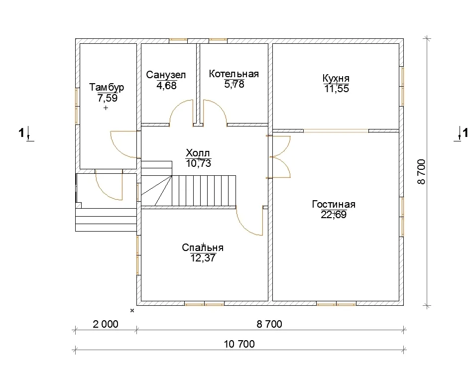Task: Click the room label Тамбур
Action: (107, 88)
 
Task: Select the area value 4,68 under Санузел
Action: (166, 86)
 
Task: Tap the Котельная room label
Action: (234, 74)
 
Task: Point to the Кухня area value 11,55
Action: (337, 89)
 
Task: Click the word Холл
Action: (198, 153)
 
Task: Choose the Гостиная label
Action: (334, 204)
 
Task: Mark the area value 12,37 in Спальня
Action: (203, 258)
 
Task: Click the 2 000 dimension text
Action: (106, 324)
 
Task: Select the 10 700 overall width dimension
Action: (239, 344)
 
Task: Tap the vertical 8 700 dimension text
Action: (421, 172)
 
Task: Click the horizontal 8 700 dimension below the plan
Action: (269, 324)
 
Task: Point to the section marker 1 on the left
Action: (21, 132)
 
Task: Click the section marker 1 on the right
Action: (465, 132)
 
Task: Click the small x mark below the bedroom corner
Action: (132, 311)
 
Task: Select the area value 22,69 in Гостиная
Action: (334, 215)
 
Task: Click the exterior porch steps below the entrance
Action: (106, 220)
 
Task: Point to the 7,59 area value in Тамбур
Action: (107, 98)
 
